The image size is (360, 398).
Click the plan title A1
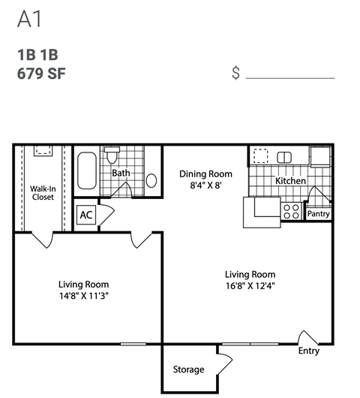(x=28, y=20)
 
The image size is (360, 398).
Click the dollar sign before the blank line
(x=236, y=74)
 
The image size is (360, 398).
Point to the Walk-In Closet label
(x=43, y=193)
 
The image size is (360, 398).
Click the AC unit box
(x=86, y=215)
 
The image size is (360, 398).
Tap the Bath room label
(x=121, y=173)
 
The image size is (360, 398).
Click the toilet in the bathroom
(x=112, y=155)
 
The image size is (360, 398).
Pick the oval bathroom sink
(x=151, y=180)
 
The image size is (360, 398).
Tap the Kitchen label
(x=289, y=182)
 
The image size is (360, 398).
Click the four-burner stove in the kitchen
(x=291, y=211)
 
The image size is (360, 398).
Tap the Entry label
(x=308, y=351)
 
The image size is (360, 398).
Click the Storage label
(x=188, y=369)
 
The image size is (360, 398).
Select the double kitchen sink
(x=286, y=157)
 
